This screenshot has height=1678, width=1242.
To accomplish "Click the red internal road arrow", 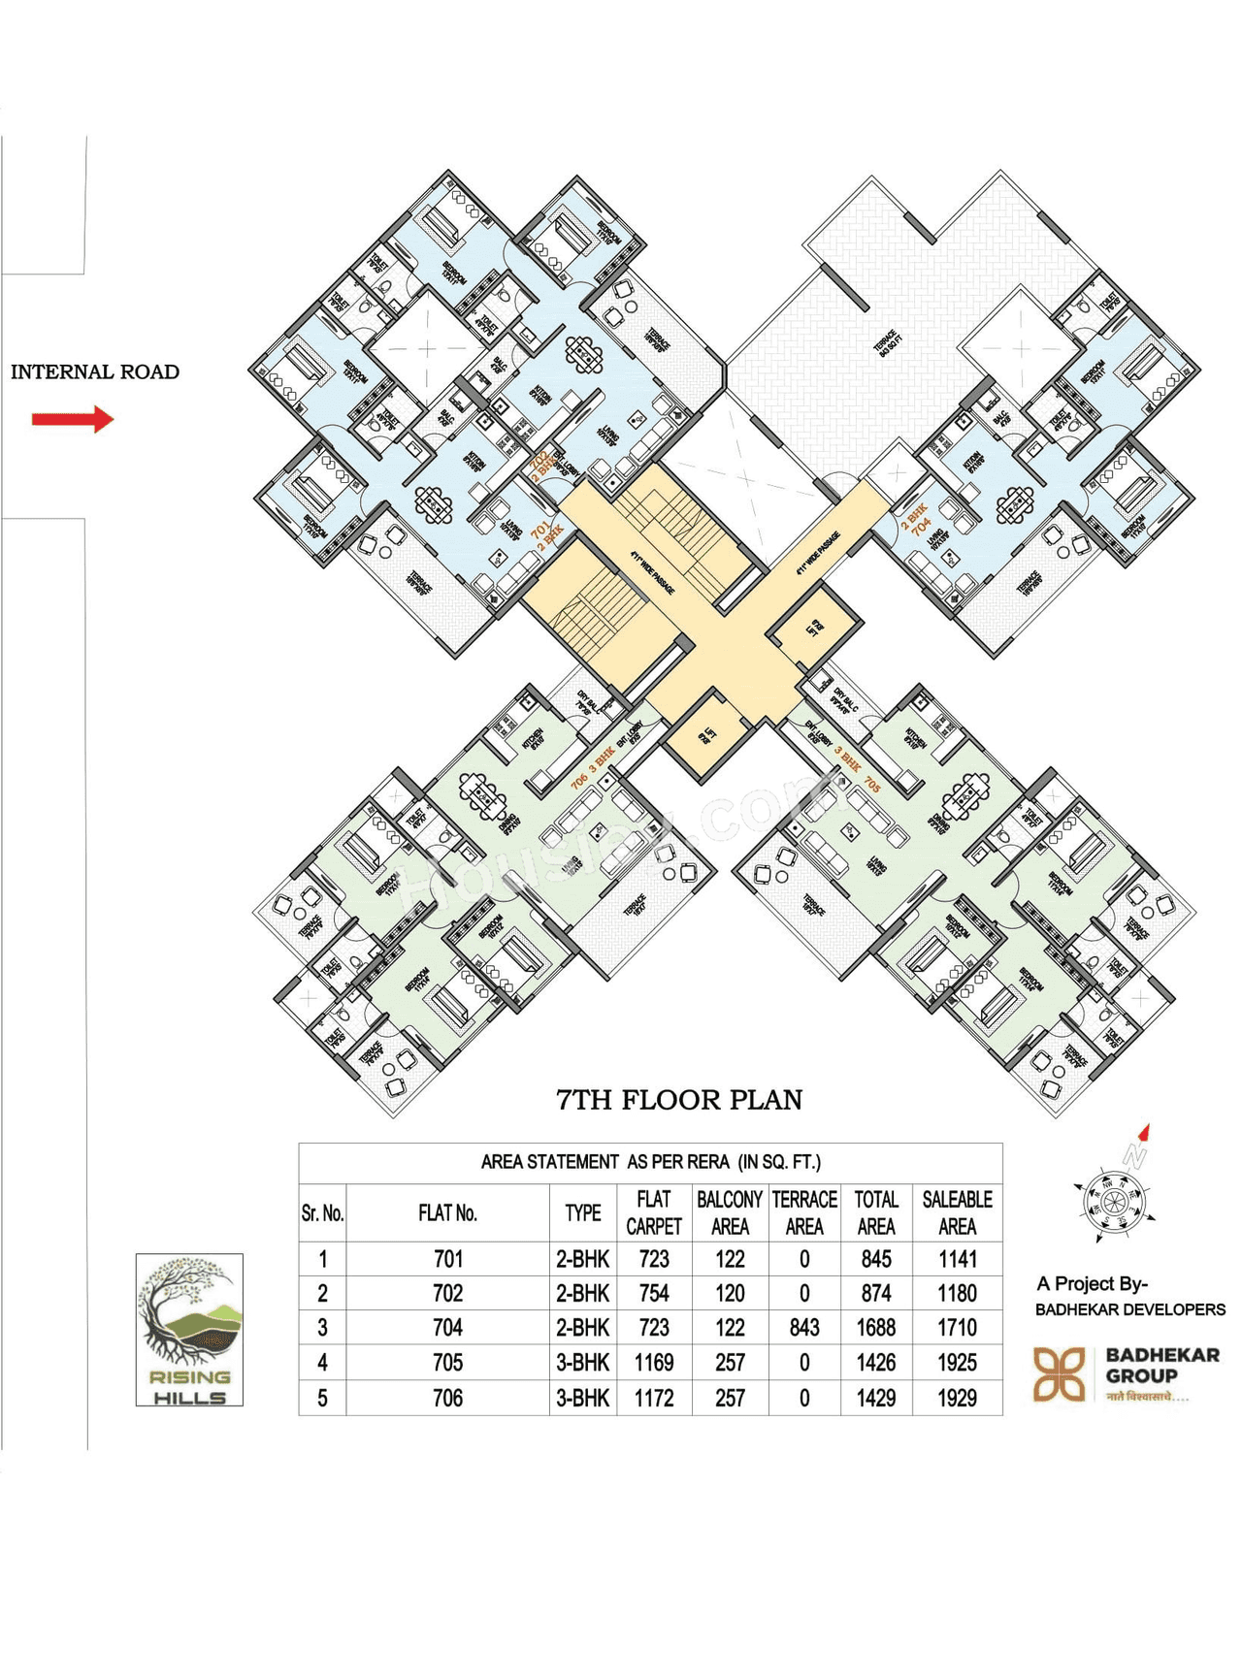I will tap(73, 419).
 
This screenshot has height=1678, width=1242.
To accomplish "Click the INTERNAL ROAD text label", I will tap(95, 371).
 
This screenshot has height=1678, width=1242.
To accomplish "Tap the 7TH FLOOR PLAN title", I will tap(679, 1100).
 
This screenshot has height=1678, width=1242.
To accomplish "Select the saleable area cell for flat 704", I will tap(957, 1328).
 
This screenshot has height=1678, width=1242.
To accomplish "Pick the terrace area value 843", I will tap(804, 1328).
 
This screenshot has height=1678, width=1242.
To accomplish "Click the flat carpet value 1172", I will tap(654, 1398).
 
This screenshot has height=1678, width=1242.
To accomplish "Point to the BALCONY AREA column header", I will tap(730, 1212).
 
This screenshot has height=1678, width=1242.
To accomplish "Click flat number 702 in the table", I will tap(447, 1293).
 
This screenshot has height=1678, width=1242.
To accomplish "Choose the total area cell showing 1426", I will tap(875, 1363).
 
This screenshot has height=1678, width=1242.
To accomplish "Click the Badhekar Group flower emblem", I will tap(1059, 1373).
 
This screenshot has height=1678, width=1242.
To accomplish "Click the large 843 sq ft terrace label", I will tap(886, 343).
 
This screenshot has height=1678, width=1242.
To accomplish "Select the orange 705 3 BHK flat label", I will tap(858, 769).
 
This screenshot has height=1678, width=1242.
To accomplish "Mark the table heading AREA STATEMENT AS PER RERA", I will tap(650, 1161).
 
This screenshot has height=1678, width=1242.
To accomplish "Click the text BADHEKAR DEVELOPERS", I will tap(1129, 1309).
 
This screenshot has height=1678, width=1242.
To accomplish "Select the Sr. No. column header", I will tap(322, 1212).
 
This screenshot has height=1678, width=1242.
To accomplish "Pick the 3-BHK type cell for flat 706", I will tap(582, 1398).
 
